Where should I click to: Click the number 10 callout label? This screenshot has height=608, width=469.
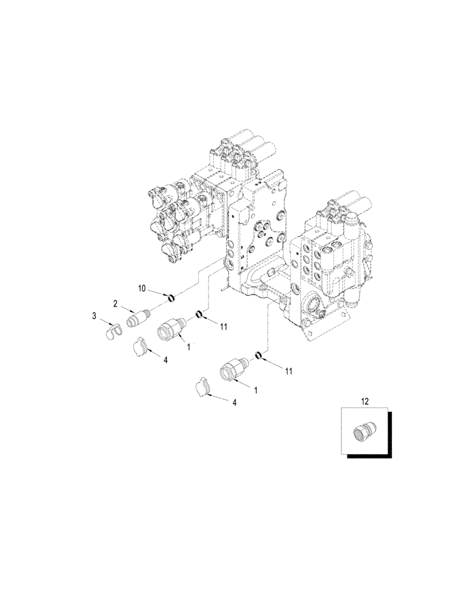click(x=143, y=288)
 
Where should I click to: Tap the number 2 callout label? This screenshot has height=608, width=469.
click(x=115, y=305)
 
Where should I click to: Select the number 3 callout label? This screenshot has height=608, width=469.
click(x=94, y=316)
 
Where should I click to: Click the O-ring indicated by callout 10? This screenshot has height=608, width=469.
click(x=171, y=298)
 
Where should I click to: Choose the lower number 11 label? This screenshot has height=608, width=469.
click(x=288, y=371)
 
